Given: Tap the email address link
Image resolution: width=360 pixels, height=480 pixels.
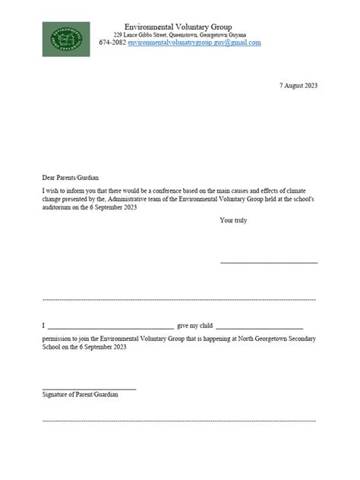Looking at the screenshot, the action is (x=194, y=43).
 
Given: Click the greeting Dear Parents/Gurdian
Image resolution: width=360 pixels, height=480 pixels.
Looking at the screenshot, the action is (x=71, y=177).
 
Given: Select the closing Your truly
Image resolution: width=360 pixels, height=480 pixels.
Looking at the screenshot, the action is (x=233, y=221).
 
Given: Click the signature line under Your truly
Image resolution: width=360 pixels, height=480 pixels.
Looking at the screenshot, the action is (x=269, y=263).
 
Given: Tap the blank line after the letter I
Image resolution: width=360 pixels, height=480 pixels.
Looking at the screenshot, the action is (x=111, y=325).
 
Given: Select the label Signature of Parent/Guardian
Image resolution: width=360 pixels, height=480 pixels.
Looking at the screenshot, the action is (x=81, y=395).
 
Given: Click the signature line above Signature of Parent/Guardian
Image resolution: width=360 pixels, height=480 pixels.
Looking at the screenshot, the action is (x=89, y=388).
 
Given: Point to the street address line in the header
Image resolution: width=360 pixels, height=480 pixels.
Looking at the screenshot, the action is (x=180, y=36).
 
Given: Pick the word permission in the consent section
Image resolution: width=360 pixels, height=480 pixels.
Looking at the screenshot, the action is (x=58, y=337).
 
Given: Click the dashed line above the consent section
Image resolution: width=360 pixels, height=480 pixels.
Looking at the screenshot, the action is (x=180, y=300).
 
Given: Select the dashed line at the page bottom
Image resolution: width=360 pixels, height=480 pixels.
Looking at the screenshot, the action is (x=180, y=419).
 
